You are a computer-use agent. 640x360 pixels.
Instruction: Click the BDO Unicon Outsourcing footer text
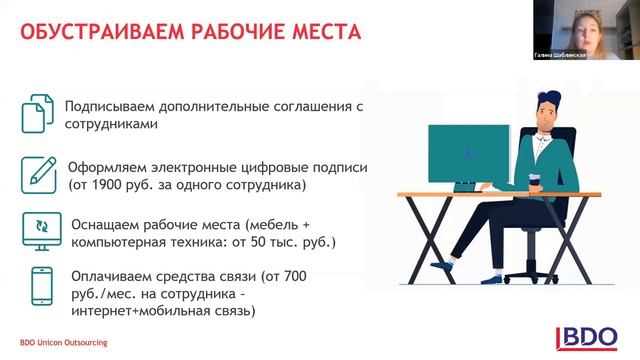(64, 343)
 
